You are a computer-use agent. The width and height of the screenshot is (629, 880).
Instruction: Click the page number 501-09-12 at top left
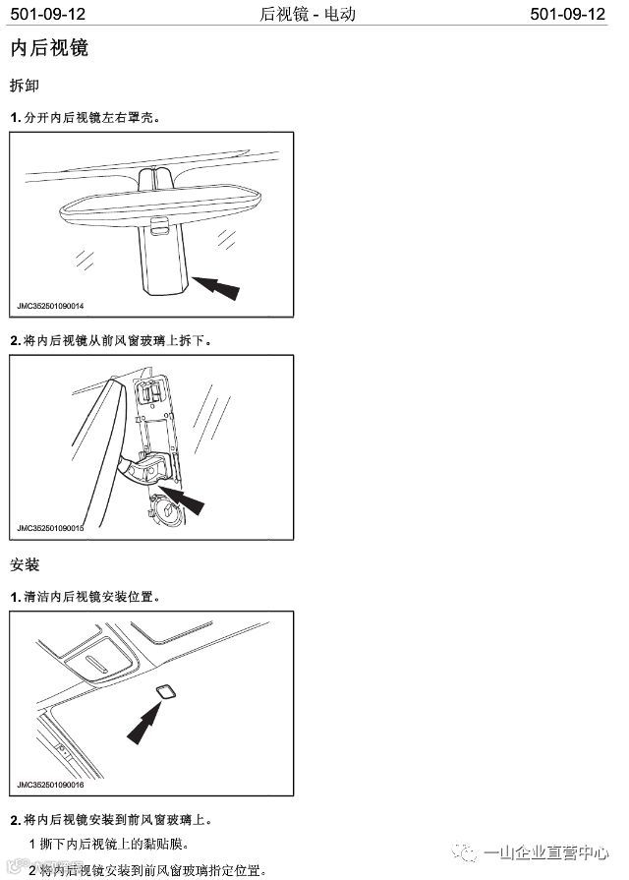click(50, 14)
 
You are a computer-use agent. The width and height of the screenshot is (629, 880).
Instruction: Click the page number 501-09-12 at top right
click(569, 14)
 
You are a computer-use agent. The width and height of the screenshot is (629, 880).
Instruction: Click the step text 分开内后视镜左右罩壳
click(90, 117)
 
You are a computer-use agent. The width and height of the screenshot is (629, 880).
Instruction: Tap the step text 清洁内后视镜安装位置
click(90, 597)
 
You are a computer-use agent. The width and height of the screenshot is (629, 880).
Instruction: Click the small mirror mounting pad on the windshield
click(164, 690)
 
